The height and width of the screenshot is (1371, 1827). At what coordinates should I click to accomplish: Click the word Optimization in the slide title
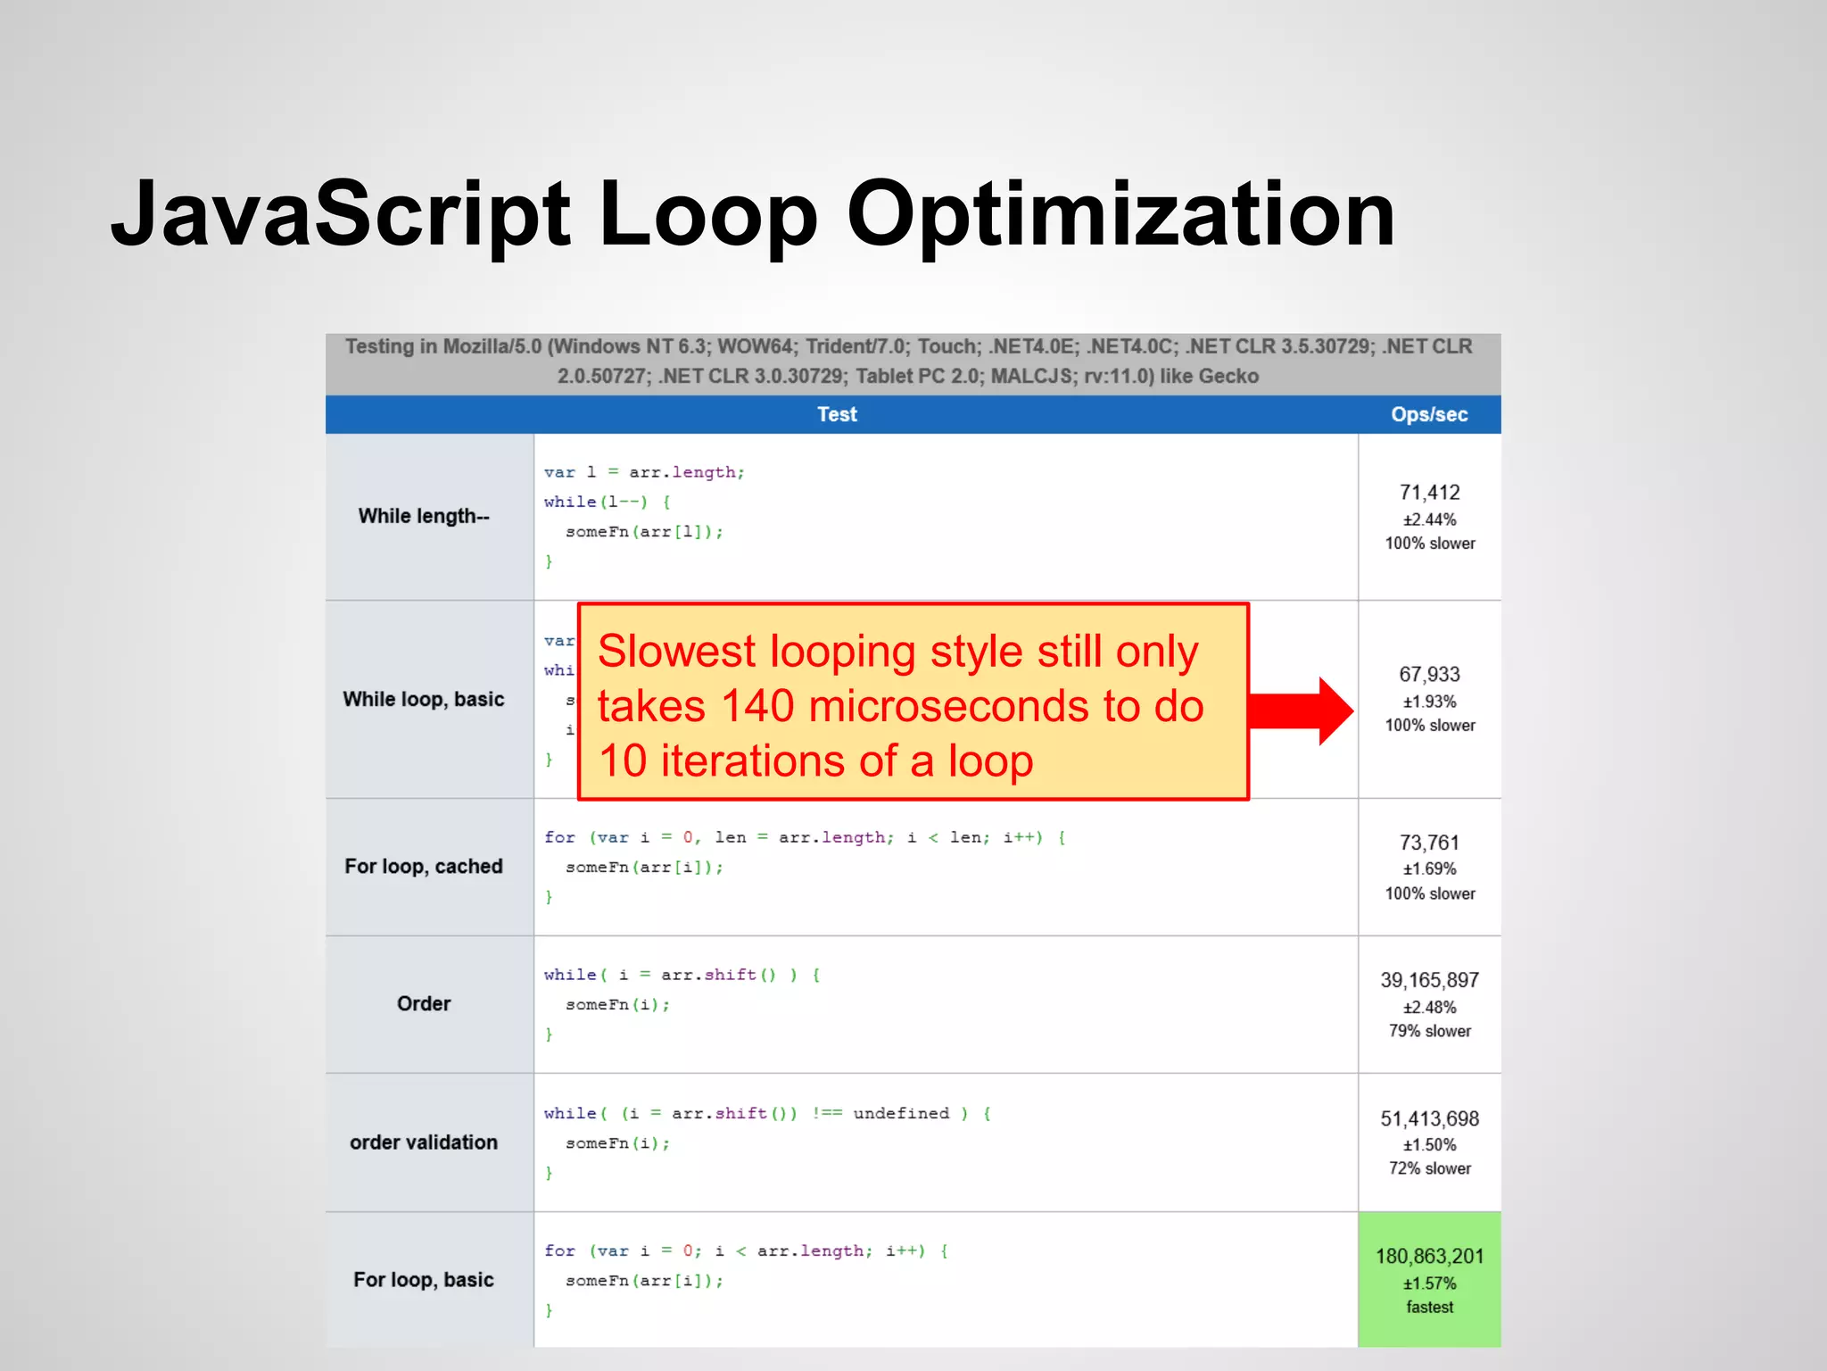click(1120, 216)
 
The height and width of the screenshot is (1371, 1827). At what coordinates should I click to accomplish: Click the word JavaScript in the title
click(341, 216)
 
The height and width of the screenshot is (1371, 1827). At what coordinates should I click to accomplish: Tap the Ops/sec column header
click(1429, 415)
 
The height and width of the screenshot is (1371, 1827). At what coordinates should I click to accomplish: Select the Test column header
click(837, 415)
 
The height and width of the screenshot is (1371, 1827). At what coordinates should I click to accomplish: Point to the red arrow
click(1302, 710)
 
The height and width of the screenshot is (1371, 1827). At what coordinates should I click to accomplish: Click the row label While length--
click(424, 517)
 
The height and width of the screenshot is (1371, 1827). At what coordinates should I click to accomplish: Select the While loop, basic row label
click(424, 700)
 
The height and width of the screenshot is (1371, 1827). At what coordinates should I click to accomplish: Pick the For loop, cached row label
click(424, 867)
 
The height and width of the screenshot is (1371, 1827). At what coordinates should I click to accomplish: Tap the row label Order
click(424, 1004)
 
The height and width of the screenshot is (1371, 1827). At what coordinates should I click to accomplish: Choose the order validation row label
click(424, 1142)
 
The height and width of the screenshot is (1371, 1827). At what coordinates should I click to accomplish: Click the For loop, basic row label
click(424, 1280)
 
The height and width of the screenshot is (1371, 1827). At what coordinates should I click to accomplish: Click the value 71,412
click(1430, 493)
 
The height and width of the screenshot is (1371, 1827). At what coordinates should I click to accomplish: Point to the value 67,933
click(1430, 675)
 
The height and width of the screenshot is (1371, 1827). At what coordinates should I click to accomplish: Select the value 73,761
click(1430, 843)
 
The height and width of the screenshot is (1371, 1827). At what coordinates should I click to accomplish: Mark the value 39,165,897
click(1430, 981)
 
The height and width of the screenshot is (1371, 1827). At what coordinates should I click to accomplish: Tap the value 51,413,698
click(1430, 1119)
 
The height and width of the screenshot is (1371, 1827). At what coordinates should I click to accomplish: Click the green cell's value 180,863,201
click(1430, 1257)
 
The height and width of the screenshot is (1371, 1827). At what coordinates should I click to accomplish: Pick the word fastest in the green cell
click(1430, 1308)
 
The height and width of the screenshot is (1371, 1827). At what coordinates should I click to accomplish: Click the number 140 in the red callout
click(757, 707)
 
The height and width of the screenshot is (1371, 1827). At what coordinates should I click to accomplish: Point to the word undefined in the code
click(901, 1114)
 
